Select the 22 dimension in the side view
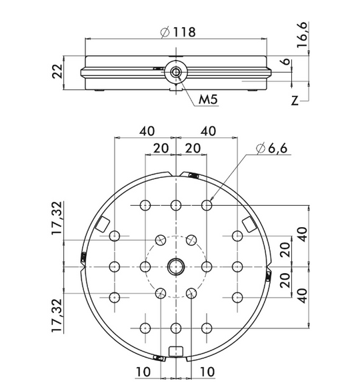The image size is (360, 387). pos(58,71)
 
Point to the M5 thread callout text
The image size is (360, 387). pos(208,100)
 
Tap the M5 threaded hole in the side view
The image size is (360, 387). pos(175,73)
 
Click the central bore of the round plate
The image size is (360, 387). pos(176,266)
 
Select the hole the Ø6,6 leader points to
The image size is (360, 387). pos(207,205)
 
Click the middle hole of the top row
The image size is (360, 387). pos(176,205)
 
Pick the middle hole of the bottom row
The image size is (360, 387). pos(176,327)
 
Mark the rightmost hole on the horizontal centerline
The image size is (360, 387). pos(237,266)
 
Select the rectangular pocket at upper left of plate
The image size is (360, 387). pos(104,224)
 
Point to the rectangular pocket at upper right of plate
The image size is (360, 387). pos(248,224)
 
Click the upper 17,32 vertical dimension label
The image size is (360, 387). pos(59,217)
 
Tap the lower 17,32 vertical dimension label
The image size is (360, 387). pos(59,314)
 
